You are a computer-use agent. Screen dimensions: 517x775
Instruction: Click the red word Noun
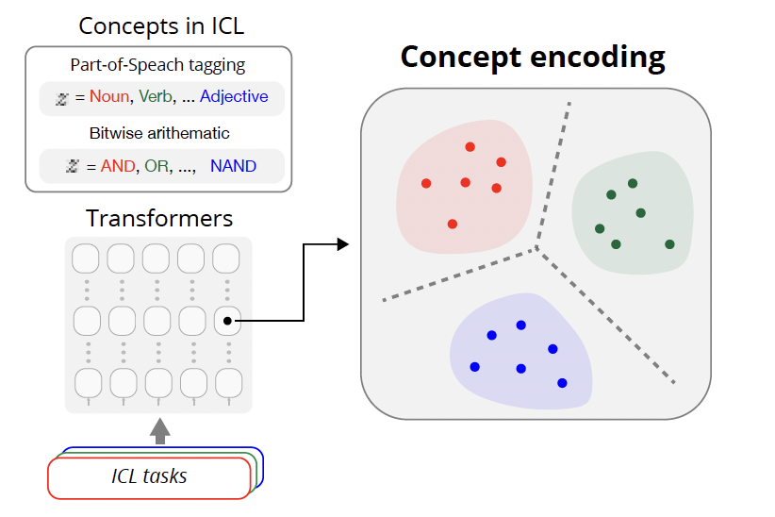tap(110, 96)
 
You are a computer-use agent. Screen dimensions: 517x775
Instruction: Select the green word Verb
tap(156, 96)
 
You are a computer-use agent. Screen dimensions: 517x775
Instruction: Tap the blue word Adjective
tap(234, 96)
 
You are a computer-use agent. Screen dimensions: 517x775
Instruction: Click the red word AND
tap(118, 166)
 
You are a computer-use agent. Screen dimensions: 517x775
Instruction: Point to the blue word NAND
tap(233, 166)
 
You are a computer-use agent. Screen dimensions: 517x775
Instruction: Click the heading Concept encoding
tap(533, 57)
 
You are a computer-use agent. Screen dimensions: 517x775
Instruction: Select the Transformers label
tap(159, 219)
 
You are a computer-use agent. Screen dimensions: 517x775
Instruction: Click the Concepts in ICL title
tap(160, 25)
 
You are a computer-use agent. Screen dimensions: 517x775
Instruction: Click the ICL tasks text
tap(149, 476)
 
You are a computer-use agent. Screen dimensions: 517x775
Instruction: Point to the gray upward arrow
tap(160, 431)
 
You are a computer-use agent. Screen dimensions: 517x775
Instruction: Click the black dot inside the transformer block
tap(228, 322)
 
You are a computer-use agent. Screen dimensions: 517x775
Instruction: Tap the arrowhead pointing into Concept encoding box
tap(342, 245)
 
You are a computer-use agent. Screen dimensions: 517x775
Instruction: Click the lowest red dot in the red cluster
tap(453, 224)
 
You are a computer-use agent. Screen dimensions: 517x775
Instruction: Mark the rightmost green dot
tap(669, 244)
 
